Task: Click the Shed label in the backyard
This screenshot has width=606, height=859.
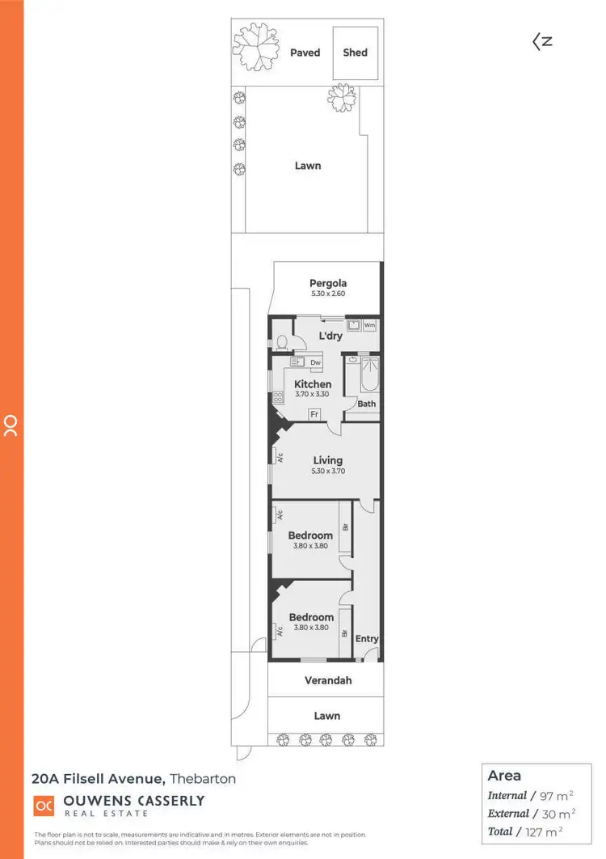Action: (x=355, y=53)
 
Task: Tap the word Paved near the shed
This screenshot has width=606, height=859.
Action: (x=305, y=53)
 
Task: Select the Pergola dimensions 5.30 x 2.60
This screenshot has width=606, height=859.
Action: (x=328, y=294)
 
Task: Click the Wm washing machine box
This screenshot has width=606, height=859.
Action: (x=369, y=325)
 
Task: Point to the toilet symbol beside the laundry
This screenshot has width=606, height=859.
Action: (x=280, y=343)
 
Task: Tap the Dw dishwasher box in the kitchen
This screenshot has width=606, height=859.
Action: (x=314, y=363)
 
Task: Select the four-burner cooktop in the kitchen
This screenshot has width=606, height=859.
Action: (x=278, y=396)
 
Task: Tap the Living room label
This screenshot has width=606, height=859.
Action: (x=328, y=460)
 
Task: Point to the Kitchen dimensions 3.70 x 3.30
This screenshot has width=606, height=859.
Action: (x=312, y=394)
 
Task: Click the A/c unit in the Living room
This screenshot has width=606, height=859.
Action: (x=280, y=457)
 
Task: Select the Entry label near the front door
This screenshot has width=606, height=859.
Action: (x=367, y=638)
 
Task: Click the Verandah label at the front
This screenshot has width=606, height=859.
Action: (x=327, y=680)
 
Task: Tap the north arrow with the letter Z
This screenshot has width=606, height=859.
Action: (x=541, y=40)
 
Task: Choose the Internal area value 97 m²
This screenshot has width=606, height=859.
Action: (x=558, y=796)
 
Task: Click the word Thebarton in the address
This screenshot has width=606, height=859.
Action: (x=203, y=779)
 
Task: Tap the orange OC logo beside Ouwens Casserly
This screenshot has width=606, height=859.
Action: (x=44, y=806)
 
